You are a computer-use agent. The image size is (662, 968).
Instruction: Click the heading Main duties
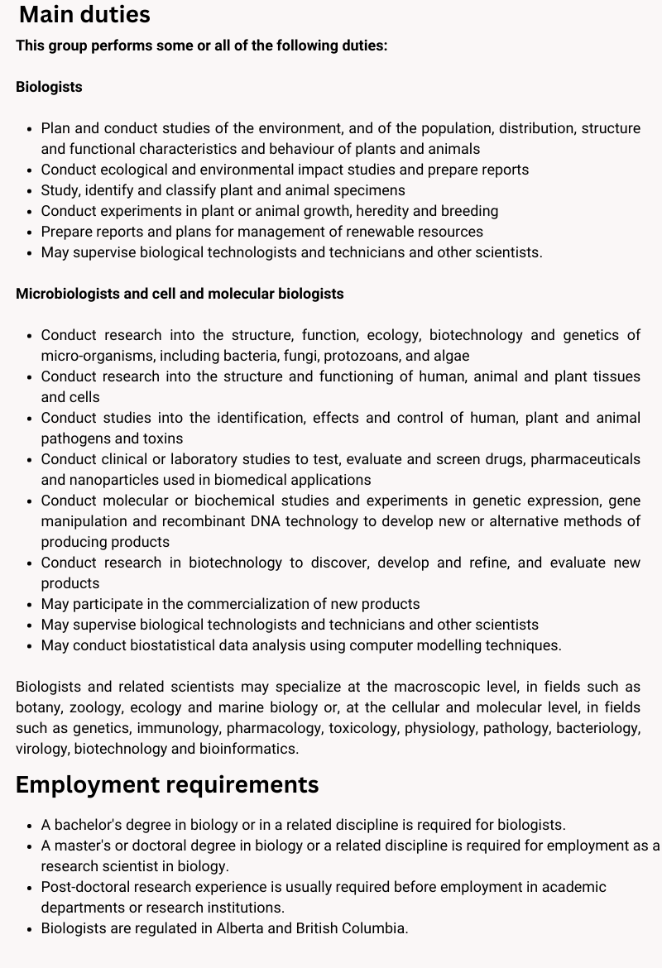click(84, 15)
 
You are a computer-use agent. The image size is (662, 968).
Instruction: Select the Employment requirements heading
click(167, 784)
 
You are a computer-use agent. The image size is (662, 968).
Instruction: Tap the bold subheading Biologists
click(49, 87)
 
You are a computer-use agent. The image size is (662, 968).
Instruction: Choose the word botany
click(38, 707)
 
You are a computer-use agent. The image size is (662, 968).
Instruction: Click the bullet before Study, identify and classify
click(30, 190)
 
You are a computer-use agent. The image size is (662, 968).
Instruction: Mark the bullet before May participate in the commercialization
click(30, 604)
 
